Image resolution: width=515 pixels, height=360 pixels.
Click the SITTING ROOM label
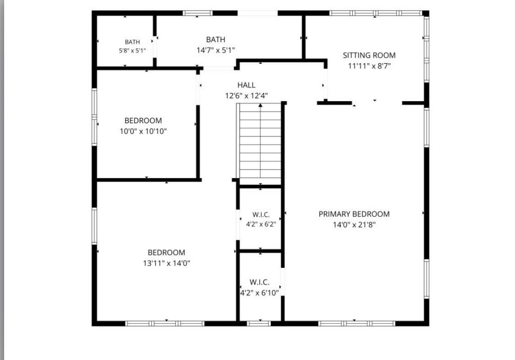369,55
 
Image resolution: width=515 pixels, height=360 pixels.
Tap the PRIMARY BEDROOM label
354,214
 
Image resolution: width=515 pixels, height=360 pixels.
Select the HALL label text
247,85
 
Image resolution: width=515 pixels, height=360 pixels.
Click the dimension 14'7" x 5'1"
216,50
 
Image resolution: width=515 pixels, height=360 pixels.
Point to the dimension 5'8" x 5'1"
132,50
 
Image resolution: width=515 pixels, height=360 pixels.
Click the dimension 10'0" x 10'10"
143,131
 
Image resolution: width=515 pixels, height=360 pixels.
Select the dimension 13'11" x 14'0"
166,263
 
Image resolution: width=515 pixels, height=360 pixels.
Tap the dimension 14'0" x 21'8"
354,225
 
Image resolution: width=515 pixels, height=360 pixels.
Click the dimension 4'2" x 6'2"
261,224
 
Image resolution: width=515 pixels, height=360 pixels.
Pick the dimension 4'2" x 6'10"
259,293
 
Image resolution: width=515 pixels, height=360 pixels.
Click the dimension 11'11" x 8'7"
369,66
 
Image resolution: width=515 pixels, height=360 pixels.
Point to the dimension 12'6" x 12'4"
247,96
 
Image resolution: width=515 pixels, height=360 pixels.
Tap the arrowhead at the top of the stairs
260,105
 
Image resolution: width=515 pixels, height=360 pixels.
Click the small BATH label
132,42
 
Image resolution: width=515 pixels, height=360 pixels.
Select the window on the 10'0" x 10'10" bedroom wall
94,117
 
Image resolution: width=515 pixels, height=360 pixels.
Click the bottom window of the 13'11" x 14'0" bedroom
165,323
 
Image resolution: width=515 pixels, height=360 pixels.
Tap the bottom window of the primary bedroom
356,323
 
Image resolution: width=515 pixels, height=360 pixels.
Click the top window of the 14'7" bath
197,13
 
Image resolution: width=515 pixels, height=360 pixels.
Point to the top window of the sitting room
376,13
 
